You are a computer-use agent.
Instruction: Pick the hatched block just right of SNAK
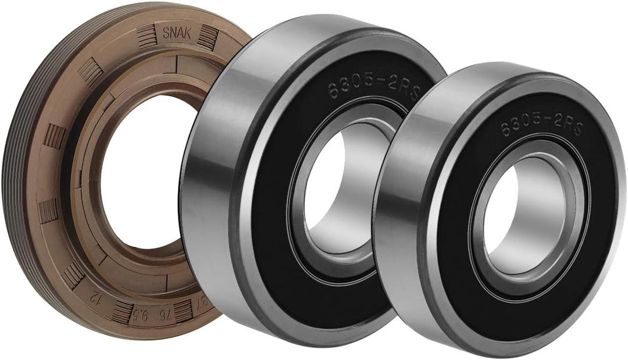click(x=206, y=38)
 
